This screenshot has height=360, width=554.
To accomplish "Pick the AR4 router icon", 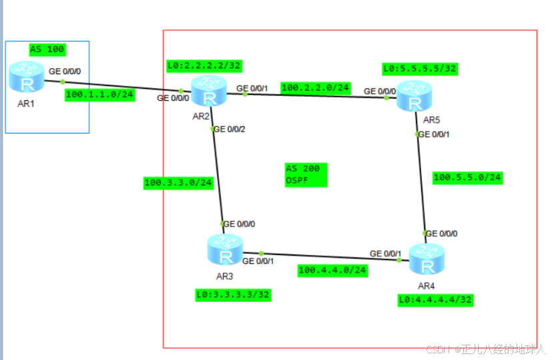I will tap(425, 259).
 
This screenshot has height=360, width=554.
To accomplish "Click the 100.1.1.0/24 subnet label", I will tap(99, 95).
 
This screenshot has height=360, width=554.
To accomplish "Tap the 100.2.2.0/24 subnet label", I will tap(315, 87).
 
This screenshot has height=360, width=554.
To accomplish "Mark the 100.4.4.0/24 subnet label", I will tap(332, 271).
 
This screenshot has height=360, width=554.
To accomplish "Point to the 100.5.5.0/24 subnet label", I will tap(467, 178).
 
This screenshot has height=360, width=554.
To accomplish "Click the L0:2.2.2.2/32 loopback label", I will tap(204, 65).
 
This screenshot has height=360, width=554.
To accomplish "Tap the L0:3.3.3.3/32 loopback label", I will tap(233, 294).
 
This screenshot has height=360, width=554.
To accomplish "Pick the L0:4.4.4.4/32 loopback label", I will tap(435, 301).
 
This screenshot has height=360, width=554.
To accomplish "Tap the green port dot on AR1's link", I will tap(63, 82).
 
